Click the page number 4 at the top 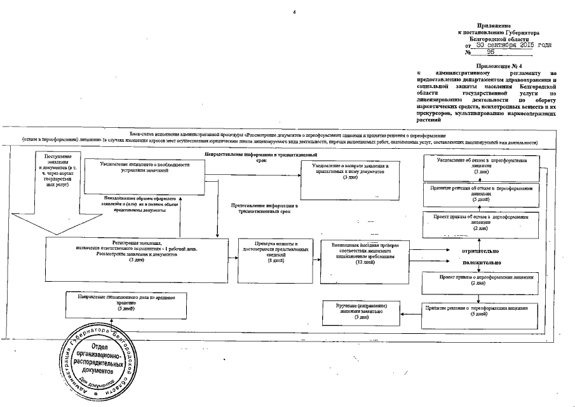(x=294, y=13)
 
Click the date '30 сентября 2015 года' (x=513, y=46)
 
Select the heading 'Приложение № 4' (x=503, y=66)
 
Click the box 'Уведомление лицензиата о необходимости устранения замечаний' (x=144, y=175)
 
